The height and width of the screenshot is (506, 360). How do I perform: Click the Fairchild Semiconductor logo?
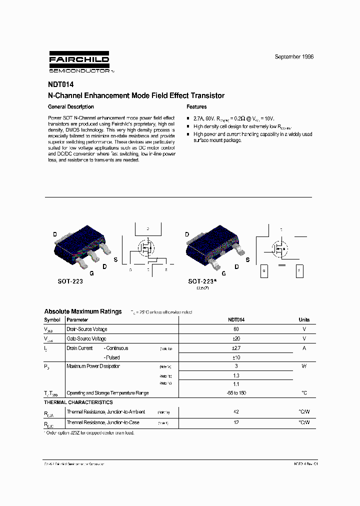(79, 62)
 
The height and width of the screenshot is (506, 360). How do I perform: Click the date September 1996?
(294, 57)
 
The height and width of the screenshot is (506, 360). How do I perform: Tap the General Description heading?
(70, 107)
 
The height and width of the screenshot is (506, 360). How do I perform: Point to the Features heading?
(196, 107)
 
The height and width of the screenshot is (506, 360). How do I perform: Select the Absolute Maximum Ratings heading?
(83, 311)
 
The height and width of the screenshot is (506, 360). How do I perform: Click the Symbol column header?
(52, 320)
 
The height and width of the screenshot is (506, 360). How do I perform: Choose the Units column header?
(304, 320)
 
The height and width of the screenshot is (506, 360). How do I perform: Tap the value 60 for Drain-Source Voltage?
(236, 329)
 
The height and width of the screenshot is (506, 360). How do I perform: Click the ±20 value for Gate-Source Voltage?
(236, 339)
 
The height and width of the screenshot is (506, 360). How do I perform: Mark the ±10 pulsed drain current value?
(236, 358)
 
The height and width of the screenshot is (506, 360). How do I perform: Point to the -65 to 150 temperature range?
(236, 393)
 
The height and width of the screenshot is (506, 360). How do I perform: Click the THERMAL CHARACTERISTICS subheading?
(78, 402)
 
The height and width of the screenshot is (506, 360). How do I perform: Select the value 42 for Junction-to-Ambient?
(236, 412)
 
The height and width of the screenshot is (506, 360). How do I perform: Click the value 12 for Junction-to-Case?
(236, 423)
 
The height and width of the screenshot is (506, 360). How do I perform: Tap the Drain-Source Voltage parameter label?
(87, 329)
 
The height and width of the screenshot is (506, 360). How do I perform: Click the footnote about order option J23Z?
(90, 433)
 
